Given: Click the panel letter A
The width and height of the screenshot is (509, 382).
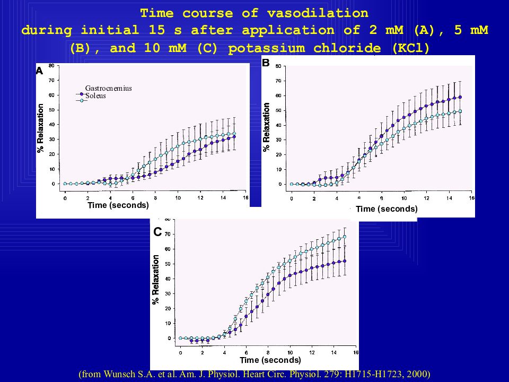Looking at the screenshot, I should coord(39,71).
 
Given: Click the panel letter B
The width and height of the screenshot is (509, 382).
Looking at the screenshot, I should coord(266,63).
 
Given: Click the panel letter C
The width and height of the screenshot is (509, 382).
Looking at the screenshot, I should coord(157,232).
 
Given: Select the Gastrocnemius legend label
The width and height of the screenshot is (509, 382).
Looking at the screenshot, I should coord(108,88).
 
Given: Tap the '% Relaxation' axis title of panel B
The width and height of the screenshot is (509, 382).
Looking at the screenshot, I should coord(267,127).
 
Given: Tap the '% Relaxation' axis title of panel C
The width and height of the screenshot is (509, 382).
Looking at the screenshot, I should coord(156,280).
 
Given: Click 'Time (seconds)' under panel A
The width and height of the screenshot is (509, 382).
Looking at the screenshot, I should coord(118,205).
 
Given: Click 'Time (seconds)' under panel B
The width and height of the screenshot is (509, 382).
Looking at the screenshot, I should coord(387,209).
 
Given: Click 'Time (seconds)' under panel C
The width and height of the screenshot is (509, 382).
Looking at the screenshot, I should coord(270,360).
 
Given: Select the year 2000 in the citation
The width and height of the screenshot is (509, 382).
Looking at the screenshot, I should coord(418,374).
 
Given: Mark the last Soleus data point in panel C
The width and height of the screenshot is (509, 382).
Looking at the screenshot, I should coord(345,237).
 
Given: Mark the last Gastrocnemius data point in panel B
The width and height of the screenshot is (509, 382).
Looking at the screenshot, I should coord(460,97).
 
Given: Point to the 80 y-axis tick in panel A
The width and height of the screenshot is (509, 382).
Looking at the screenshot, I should coord(51,65).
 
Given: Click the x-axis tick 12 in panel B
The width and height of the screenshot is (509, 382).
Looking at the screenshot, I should coord(427,198).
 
